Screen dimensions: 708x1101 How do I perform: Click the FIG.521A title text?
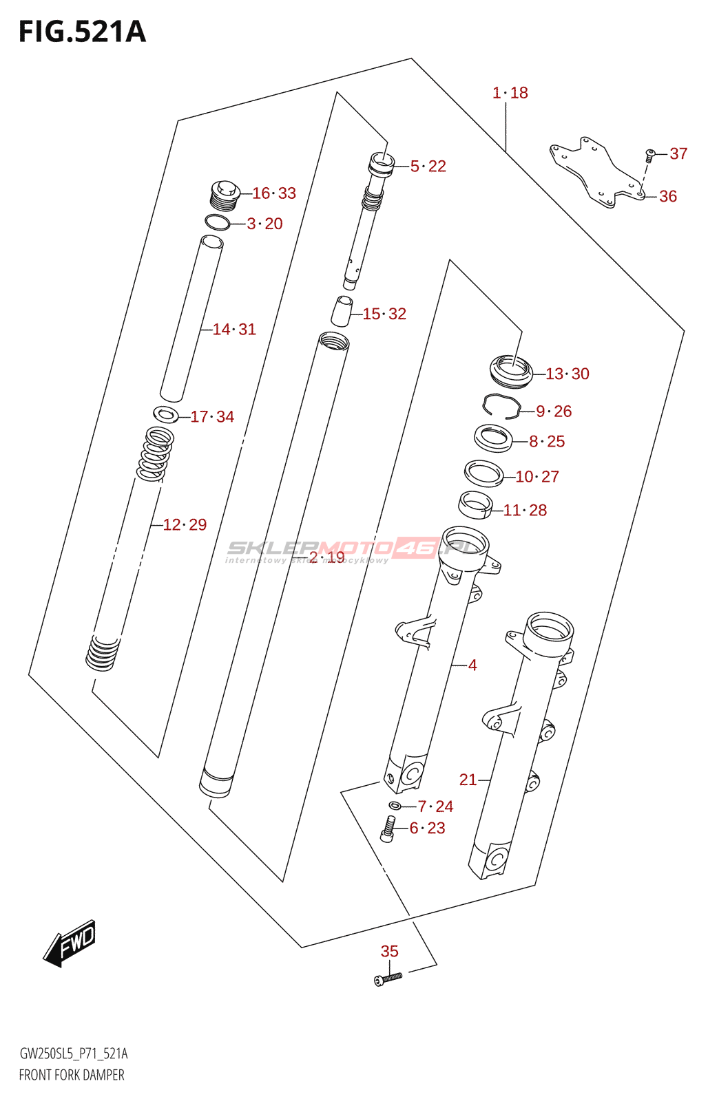click(x=83, y=32)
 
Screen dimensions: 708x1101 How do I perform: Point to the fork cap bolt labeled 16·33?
click(x=224, y=193)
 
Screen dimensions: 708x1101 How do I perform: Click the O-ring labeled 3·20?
click(x=218, y=222)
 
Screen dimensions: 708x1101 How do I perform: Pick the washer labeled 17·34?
click(x=166, y=414)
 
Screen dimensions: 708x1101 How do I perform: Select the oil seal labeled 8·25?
click(x=493, y=438)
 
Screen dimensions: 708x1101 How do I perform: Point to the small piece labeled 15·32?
click(x=342, y=311)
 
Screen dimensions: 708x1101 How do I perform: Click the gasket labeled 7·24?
click(x=395, y=806)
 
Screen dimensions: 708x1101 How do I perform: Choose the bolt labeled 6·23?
click(x=388, y=829)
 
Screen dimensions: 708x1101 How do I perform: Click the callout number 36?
click(x=668, y=196)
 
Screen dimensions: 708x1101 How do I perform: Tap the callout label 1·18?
click(x=510, y=93)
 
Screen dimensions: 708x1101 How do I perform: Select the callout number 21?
click(x=468, y=780)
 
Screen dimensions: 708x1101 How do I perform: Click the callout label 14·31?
click(x=234, y=330)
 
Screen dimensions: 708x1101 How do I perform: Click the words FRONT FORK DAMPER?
click(x=72, y=1075)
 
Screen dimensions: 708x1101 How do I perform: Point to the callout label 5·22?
click(x=428, y=167)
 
